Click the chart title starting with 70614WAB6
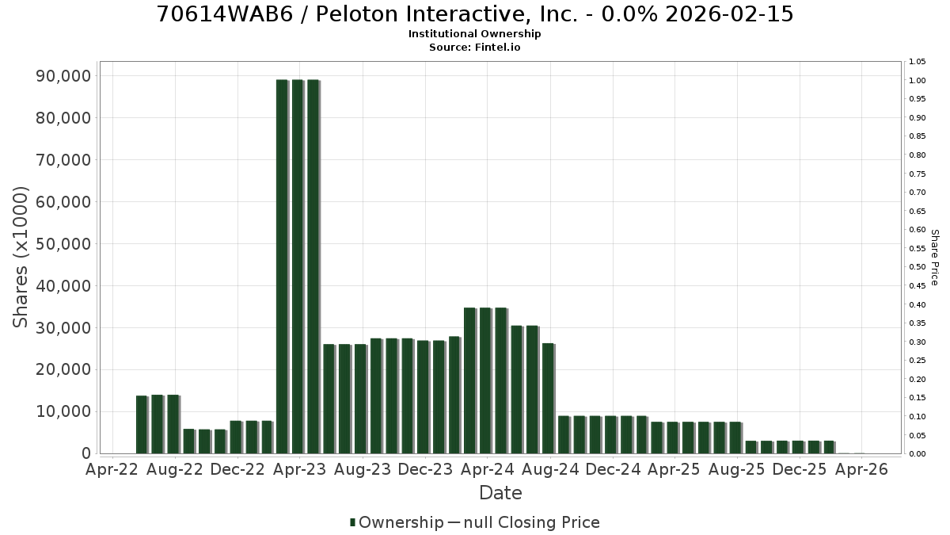[x=475, y=14]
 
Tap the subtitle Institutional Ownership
[x=474, y=34]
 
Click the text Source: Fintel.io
[x=474, y=47]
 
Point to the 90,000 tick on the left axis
[x=63, y=76]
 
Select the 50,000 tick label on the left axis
[x=63, y=244]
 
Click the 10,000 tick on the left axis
[x=63, y=412]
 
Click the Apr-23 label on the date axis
[x=300, y=469]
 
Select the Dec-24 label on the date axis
[x=613, y=469]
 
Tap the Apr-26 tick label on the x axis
[x=861, y=469]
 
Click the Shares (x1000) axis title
[x=20, y=258]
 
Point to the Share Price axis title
[x=934, y=258]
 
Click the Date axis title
[x=500, y=493]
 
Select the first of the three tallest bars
[x=283, y=266]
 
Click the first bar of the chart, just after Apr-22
[x=142, y=425]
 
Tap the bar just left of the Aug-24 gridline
[x=548, y=398]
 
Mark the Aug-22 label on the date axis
[x=175, y=469]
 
